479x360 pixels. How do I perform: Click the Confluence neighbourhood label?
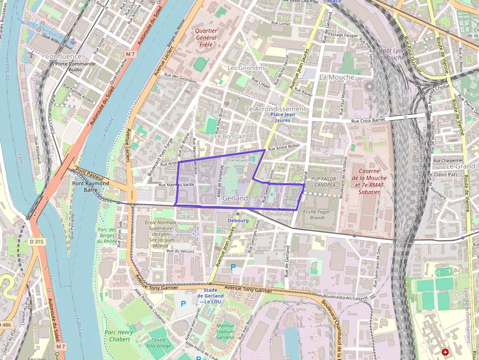[x=63, y=56]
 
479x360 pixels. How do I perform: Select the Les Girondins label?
[x=246, y=68]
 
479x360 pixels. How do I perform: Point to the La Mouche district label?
[x=337, y=77]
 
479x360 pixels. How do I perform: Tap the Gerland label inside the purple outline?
[x=235, y=198]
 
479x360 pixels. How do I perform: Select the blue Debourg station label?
[x=239, y=220]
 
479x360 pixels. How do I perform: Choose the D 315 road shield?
[x=36, y=241]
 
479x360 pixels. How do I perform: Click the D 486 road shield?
[x=5, y=325]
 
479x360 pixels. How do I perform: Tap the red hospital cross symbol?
[x=445, y=352]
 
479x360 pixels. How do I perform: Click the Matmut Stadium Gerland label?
[x=225, y=331]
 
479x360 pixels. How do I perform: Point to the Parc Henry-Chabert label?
[x=117, y=336]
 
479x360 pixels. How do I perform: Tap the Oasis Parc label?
[x=446, y=174]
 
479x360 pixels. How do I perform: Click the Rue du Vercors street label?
[x=180, y=251]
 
